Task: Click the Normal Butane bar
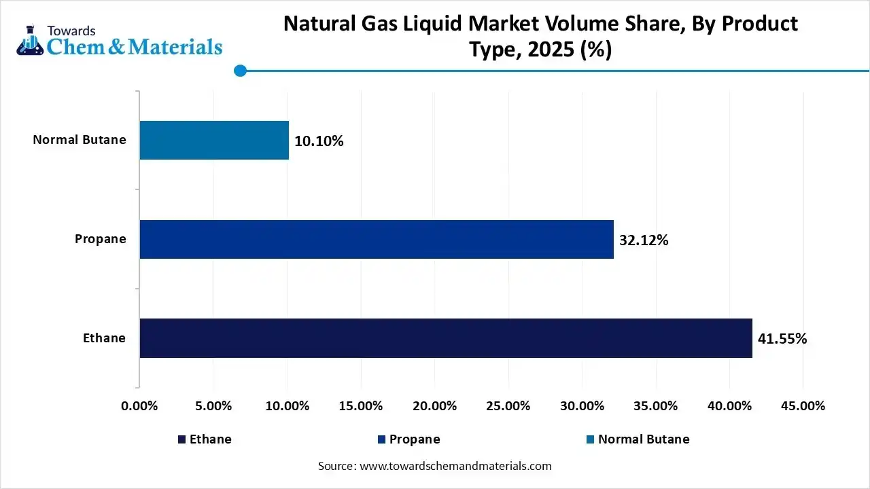point(214,141)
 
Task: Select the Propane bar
point(377,239)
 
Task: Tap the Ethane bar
point(446,338)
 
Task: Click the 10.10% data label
point(319,141)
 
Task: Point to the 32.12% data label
point(644,240)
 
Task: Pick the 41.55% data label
point(782,339)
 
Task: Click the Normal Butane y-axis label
point(80,140)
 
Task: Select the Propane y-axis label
point(101,239)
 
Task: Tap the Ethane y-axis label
point(105,338)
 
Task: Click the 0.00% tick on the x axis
point(139,406)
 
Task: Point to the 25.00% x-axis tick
point(508,406)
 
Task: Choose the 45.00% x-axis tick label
point(803,406)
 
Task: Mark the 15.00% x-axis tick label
point(360,406)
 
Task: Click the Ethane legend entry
point(205,439)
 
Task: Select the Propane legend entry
point(408,439)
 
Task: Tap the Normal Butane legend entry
point(638,439)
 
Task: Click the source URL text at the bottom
point(435,466)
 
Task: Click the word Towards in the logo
point(71,31)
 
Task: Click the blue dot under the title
point(239,70)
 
